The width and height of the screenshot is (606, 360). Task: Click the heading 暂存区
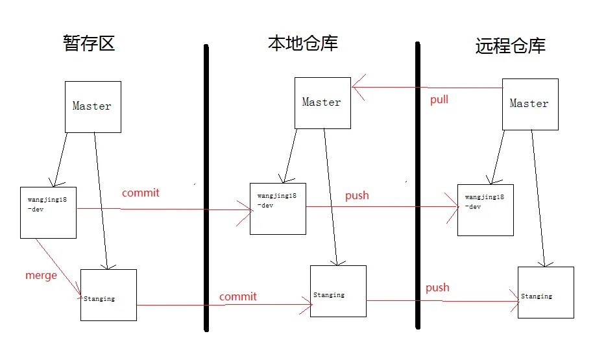[x=89, y=43]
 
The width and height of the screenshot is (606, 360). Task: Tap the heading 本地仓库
[x=303, y=43]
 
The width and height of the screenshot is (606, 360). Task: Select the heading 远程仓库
[x=511, y=46]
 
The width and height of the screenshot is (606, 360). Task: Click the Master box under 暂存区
[x=93, y=107]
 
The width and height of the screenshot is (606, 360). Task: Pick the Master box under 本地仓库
[x=322, y=103]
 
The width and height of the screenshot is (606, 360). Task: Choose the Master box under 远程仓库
[x=530, y=104]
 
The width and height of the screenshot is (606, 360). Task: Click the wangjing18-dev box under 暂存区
[x=49, y=212]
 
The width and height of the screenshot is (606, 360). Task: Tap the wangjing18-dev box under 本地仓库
[x=278, y=208]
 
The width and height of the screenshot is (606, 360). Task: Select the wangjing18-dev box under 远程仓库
[x=485, y=210]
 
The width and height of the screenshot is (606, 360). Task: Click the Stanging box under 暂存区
[x=108, y=294]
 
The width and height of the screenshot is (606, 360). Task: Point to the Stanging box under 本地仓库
[x=338, y=291]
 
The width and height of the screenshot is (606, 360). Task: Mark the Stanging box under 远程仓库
[x=546, y=292]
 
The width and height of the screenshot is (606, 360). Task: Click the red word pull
[x=439, y=100]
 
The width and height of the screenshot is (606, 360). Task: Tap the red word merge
[x=41, y=275]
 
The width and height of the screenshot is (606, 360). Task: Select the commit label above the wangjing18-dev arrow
[x=141, y=193]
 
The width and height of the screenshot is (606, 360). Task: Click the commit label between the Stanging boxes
[x=238, y=296]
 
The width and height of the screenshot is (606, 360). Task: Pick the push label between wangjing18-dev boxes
[x=357, y=195]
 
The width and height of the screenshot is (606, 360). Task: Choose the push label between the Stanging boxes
[x=437, y=287]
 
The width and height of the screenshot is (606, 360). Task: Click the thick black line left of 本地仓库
[x=206, y=188]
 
